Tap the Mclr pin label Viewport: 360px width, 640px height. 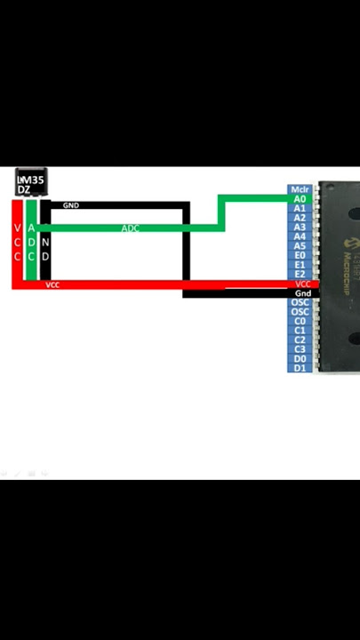pos(300,189)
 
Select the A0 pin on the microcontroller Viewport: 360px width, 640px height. pos(300,199)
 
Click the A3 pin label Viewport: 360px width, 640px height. pos(300,228)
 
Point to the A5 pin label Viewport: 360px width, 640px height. pos(300,246)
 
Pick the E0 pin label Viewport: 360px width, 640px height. pos(300,255)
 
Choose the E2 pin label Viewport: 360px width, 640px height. pos(300,274)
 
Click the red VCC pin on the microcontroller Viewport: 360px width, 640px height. pos(302,284)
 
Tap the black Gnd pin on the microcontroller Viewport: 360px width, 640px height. pos(302,293)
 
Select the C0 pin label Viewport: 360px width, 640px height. pos(300,321)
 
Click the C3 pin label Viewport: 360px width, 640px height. pos(300,349)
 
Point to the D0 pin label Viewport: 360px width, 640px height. pos(300,358)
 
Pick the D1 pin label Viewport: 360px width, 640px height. pos(300,368)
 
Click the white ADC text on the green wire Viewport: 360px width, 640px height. pos(131,228)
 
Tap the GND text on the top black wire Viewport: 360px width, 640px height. pos(71,205)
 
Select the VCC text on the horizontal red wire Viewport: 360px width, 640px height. pos(53,284)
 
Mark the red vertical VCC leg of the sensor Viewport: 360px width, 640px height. pos(18,242)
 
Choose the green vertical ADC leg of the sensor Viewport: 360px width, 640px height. pos(32,242)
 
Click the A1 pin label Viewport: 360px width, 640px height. pos(300,209)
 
